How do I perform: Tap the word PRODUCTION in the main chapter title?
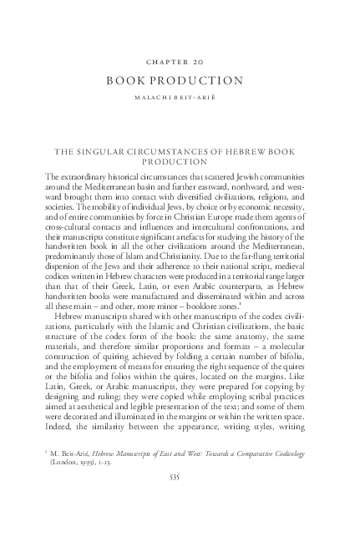point(204,81)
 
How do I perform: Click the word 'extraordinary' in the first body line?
point(88,177)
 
